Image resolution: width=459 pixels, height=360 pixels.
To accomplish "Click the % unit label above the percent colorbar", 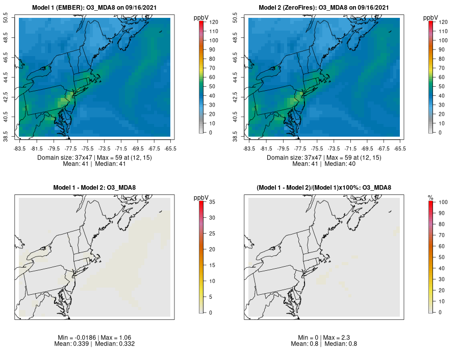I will click(x=430, y=197).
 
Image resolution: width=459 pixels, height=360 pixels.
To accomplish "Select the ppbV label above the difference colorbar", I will click(x=201, y=197).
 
